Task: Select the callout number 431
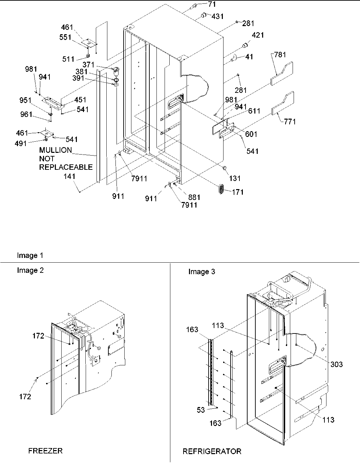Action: tap(218, 16)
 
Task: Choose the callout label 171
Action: tap(238, 192)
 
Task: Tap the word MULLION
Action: tap(56, 150)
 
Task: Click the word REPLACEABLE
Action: tap(66, 167)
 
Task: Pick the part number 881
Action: tap(194, 197)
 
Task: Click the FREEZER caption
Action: tap(45, 451)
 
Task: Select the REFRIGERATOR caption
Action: tap(212, 451)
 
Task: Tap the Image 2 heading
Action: tap(30, 270)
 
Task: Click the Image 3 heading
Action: tap(202, 272)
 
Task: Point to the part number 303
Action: tap(336, 364)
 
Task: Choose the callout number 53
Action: tap(201, 410)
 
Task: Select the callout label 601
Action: tap(251, 134)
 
